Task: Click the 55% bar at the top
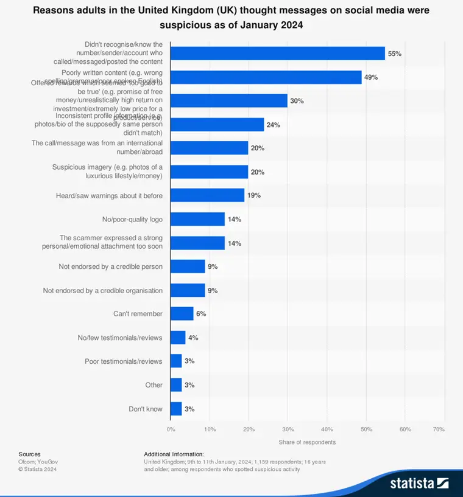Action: click(277, 54)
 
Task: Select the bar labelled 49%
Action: click(266, 77)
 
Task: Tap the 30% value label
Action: click(297, 101)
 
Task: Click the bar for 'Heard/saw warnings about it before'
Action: click(207, 195)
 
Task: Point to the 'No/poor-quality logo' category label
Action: click(132, 219)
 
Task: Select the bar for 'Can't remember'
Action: click(182, 314)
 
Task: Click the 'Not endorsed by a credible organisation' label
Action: click(103, 291)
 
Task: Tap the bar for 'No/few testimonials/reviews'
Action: click(178, 338)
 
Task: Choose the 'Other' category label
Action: click(154, 385)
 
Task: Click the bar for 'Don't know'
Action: click(176, 409)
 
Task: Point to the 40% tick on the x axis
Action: click(327, 429)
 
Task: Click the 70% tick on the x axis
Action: click(439, 429)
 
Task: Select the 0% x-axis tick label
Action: click(171, 429)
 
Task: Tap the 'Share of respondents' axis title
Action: click(307, 442)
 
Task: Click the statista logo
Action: click(419, 483)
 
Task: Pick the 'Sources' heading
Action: click(29, 454)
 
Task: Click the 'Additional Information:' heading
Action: click(174, 454)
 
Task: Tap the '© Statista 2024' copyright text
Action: click(37, 469)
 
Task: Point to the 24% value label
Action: click(274, 125)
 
